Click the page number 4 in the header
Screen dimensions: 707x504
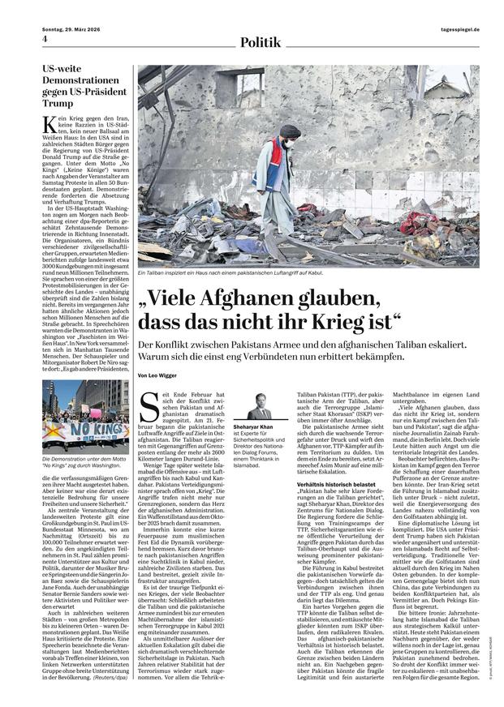45,40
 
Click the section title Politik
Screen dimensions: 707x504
261,41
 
